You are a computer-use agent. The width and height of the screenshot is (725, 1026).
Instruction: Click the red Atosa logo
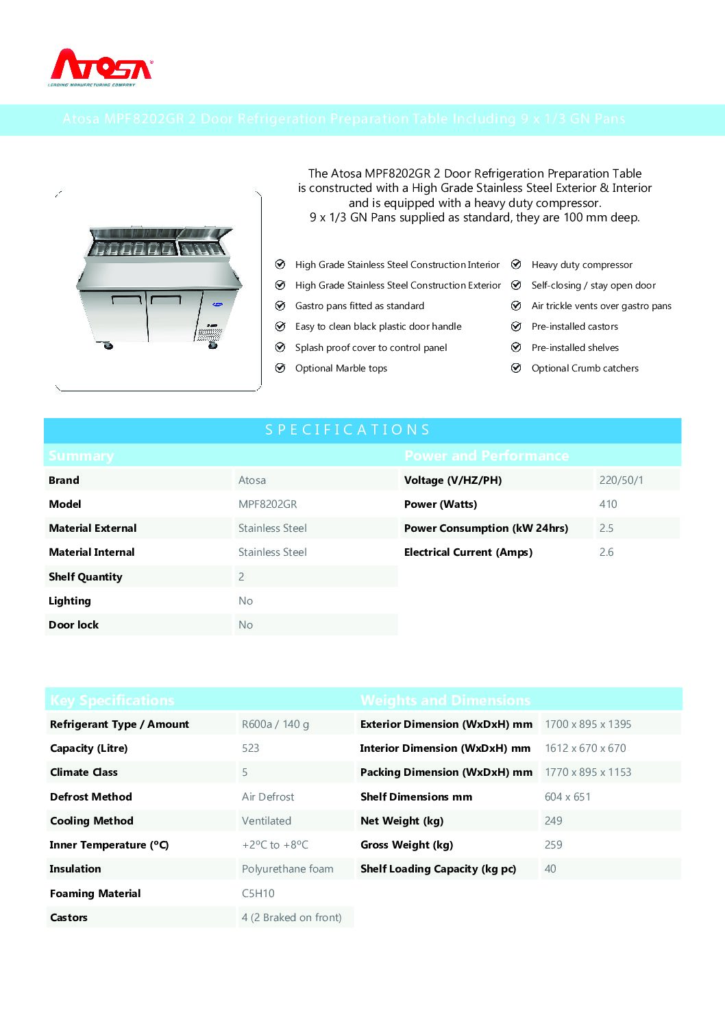click(x=101, y=67)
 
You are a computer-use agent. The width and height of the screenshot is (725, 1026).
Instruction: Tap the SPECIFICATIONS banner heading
click(x=347, y=430)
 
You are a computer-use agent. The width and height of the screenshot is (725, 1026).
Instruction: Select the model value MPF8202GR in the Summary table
click(x=267, y=504)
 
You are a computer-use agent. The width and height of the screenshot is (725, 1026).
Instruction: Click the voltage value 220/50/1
click(x=621, y=480)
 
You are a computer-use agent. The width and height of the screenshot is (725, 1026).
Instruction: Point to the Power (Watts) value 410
click(x=608, y=504)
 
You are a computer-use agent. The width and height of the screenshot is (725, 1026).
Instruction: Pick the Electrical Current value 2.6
click(x=606, y=552)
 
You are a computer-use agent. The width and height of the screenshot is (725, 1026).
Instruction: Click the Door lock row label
click(x=73, y=625)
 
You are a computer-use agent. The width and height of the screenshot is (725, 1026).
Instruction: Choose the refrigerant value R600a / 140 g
click(x=275, y=724)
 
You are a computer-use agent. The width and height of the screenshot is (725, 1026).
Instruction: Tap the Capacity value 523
click(x=250, y=748)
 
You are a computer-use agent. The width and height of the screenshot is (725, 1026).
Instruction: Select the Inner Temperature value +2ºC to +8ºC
click(x=275, y=845)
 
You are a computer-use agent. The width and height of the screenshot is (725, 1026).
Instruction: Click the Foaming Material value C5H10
click(x=258, y=894)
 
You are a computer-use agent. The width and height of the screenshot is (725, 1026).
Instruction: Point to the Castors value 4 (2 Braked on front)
click(x=291, y=918)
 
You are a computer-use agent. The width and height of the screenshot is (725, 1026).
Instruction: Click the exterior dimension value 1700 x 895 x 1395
click(x=588, y=724)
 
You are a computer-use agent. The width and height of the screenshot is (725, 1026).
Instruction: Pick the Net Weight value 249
click(x=553, y=821)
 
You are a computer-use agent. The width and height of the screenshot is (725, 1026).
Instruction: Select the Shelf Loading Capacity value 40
click(x=550, y=869)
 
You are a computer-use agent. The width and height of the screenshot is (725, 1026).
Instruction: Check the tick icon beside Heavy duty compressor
click(x=516, y=265)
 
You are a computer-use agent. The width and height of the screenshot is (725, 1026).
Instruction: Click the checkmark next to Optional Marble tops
click(x=280, y=368)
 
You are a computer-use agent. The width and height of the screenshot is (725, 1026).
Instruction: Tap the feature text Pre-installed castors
click(x=574, y=327)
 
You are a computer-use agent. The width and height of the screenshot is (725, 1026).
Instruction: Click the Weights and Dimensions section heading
click(x=445, y=700)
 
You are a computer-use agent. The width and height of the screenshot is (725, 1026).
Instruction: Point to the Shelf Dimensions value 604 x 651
click(x=567, y=797)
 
